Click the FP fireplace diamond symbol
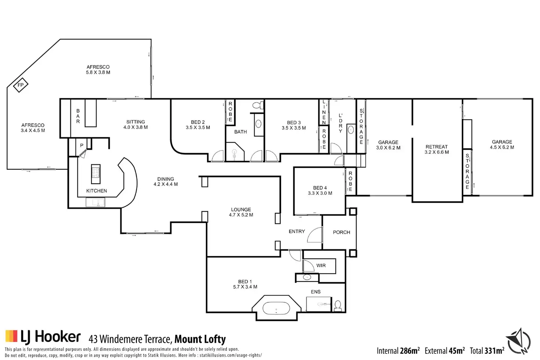pos(21,85)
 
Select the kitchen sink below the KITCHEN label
pos(95,202)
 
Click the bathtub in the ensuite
pos(276,308)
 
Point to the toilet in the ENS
pos(338,306)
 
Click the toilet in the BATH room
pos(258,105)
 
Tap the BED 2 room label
pos(198,122)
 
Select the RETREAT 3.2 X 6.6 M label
pos(437,149)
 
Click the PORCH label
pos(342,232)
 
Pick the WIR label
pos(321,265)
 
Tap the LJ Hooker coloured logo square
pos(11,336)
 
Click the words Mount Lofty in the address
pos(200,339)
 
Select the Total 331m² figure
pos(487,350)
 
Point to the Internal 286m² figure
pos(398,350)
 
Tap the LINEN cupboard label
pos(324,112)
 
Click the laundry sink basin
pos(351,130)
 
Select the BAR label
pos(78,116)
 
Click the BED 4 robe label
pos(350,181)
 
